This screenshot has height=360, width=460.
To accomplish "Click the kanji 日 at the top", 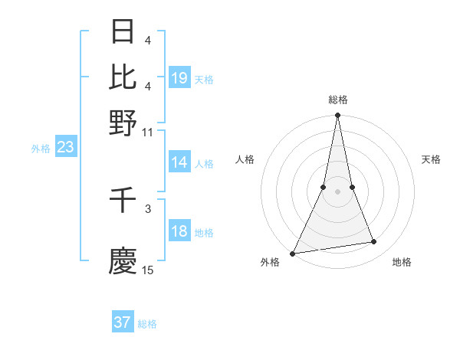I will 123,31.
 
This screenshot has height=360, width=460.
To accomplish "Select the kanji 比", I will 123,77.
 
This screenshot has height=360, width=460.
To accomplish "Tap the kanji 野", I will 123,122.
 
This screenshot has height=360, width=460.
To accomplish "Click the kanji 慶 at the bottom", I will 123,261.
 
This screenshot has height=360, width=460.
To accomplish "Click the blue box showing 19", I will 179,78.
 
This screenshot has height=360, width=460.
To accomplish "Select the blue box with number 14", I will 179,162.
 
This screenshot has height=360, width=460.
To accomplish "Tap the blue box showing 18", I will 179,231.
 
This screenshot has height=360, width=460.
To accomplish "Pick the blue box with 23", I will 65,148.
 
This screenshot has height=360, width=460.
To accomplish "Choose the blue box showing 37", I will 123,322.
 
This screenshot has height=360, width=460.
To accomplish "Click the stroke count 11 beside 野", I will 148,133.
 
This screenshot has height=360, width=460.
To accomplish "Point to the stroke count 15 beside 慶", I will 148,270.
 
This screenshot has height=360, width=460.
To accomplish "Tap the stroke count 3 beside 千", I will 148,208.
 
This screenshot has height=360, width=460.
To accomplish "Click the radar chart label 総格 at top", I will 337,100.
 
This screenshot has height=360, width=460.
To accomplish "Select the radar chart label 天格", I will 431,159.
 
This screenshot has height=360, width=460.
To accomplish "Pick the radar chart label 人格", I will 245,159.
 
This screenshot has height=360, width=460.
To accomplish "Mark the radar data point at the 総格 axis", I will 337,116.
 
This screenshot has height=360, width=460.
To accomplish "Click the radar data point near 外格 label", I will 293,254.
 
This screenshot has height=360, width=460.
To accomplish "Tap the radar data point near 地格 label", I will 374,242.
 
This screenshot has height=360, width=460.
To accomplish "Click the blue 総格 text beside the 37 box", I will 147,324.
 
